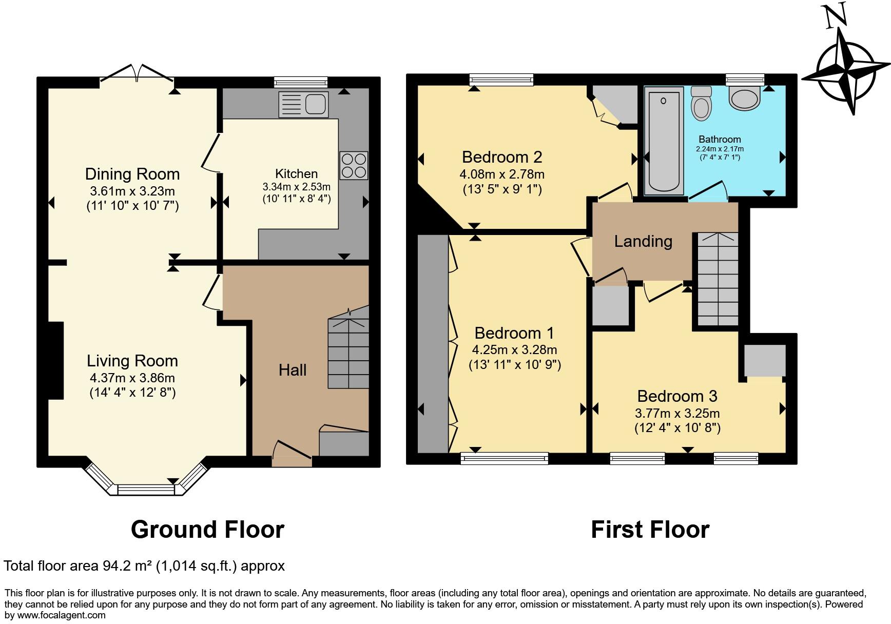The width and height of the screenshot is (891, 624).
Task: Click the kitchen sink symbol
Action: [x=303, y=105]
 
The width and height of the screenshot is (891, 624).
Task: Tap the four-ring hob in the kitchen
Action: [x=354, y=165]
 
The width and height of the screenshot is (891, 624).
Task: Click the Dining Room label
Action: [x=132, y=174]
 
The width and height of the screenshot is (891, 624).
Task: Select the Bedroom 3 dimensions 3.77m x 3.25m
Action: [x=677, y=413]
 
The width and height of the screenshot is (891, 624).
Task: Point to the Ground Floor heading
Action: [x=207, y=530]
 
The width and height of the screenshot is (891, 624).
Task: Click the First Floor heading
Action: [x=650, y=530]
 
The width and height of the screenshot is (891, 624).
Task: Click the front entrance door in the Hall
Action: [x=292, y=452]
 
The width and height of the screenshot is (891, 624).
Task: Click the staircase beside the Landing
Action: [x=718, y=280]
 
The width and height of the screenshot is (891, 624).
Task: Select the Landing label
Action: [x=643, y=241]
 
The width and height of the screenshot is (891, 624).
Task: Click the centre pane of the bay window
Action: [x=146, y=490]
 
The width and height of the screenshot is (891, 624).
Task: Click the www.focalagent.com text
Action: [x=61, y=615]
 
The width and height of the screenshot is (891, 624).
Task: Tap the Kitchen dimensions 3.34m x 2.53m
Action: [x=296, y=187]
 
